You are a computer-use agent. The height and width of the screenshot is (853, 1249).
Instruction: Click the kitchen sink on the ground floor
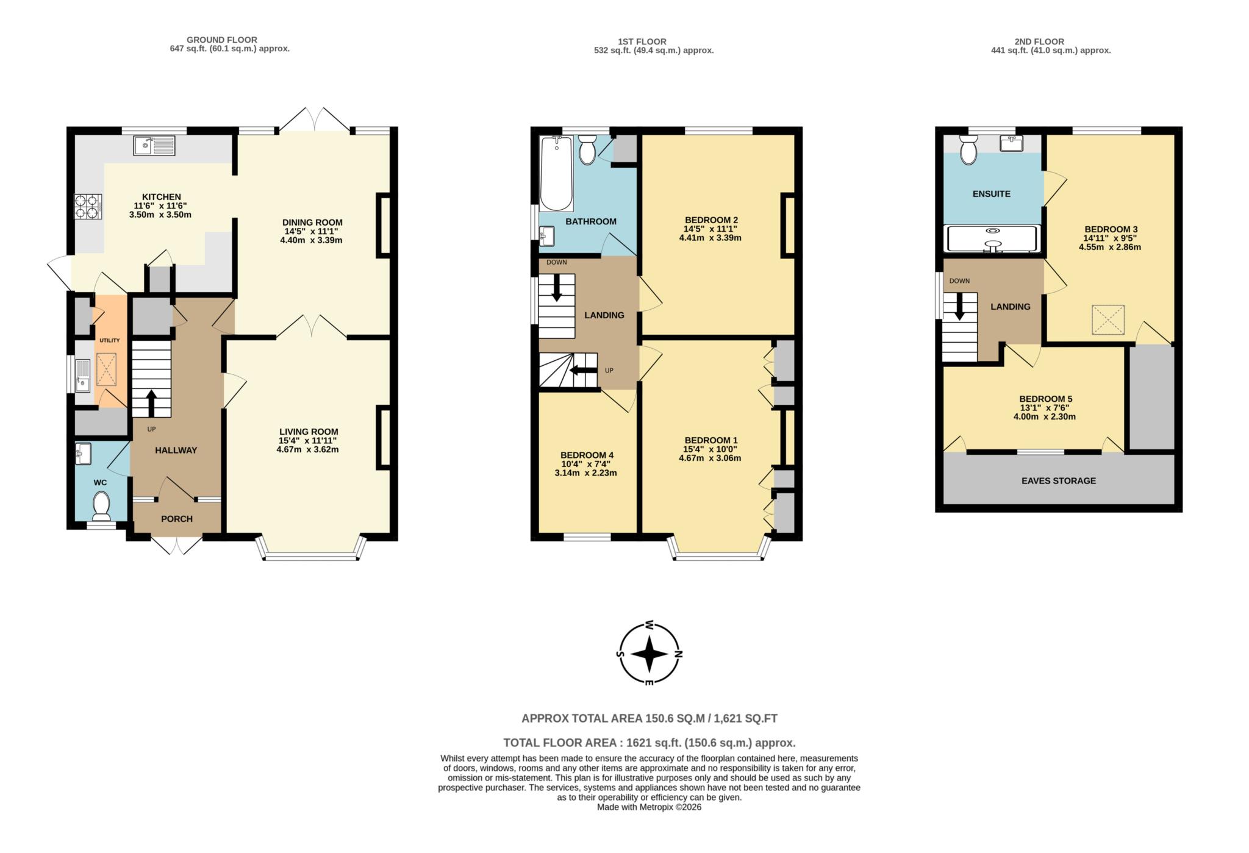click(154, 146)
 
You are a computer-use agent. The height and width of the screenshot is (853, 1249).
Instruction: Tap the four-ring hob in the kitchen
click(88, 206)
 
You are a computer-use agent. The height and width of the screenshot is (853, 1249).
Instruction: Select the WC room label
click(100, 482)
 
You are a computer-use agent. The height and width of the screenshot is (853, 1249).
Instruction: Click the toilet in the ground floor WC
click(101, 505)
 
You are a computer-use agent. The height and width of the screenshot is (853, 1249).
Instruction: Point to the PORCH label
click(177, 519)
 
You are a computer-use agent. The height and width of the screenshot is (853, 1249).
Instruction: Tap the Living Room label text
click(309, 432)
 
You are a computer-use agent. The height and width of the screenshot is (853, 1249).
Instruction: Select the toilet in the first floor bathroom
click(587, 149)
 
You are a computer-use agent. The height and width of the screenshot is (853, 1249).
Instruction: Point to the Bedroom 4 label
click(587, 455)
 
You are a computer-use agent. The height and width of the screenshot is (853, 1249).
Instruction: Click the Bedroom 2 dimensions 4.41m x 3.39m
click(710, 238)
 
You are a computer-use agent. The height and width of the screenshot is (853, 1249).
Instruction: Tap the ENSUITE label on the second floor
click(991, 194)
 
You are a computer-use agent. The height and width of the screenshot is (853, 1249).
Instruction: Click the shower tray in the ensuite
click(991, 239)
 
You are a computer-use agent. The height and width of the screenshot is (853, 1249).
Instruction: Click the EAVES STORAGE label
click(1058, 480)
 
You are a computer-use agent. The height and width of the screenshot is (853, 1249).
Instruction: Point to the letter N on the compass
click(679, 654)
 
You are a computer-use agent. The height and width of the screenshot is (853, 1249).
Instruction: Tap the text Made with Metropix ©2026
click(649, 807)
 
